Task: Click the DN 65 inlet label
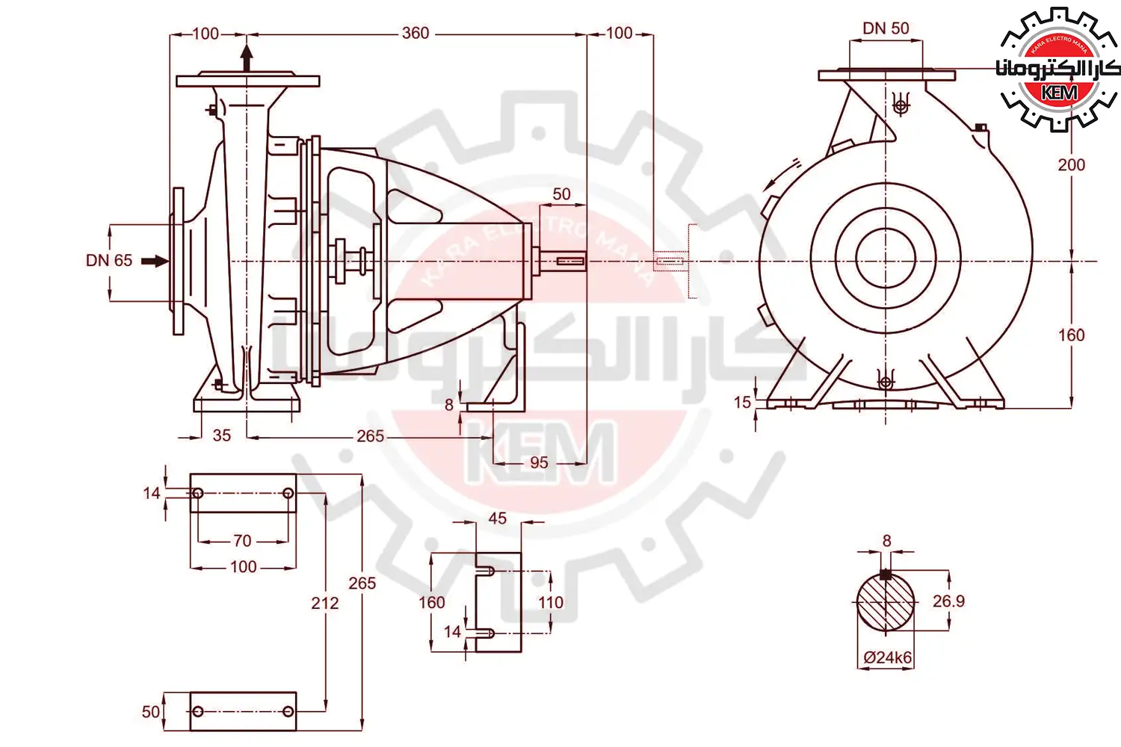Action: pos(109,260)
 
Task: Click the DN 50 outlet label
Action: pos(886,28)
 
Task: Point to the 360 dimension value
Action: pos(416,33)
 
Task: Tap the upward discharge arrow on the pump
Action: pos(247,58)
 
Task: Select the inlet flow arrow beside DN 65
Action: pos(155,261)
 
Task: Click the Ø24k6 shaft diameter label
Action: pos(888,657)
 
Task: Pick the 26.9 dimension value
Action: pos(948,601)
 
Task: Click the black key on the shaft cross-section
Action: pos(886,574)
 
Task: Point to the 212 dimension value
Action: pos(325,603)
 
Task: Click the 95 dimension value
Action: pos(539,462)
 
